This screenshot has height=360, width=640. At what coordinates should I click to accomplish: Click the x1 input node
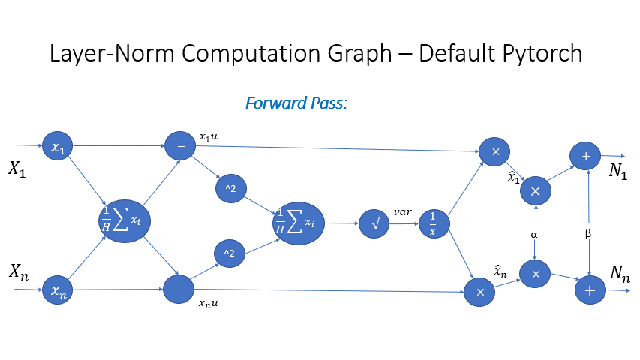(57, 146)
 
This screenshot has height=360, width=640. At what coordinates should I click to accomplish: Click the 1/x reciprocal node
(432, 223)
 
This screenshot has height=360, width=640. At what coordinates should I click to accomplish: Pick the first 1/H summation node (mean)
(124, 219)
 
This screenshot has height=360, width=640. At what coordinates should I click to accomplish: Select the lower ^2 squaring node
(229, 253)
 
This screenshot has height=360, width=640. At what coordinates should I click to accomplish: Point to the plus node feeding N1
(585, 156)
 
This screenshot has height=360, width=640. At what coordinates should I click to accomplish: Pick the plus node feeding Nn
(590, 289)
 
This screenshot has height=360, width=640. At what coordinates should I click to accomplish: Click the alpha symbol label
(534, 234)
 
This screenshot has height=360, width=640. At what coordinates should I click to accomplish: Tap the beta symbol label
(588, 234)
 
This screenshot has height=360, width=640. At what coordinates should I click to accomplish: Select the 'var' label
(403, 212)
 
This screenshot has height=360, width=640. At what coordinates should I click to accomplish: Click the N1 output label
(618, 171)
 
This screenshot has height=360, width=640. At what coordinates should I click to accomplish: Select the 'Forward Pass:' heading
(296, 103)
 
